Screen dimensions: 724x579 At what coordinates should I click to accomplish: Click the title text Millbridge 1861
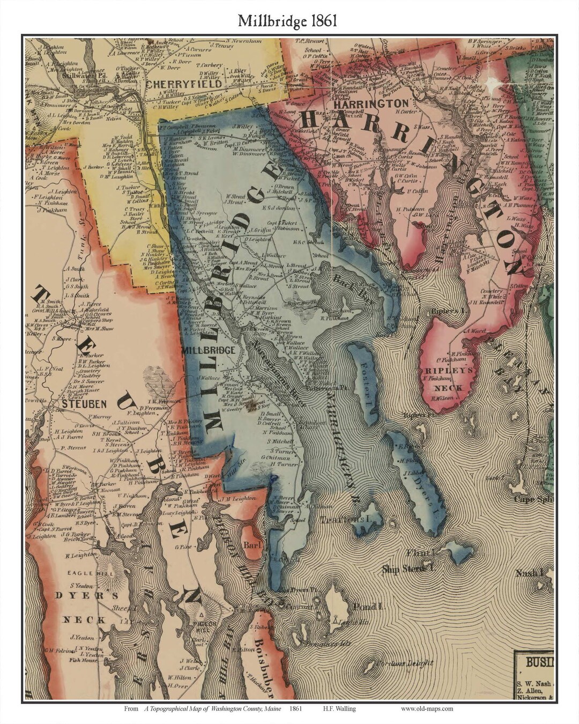(288, 21)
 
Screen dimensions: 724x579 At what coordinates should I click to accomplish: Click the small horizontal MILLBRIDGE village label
(209, 350)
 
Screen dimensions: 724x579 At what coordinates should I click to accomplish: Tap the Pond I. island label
(367, 607)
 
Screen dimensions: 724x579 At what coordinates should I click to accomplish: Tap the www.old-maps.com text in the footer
(427, 709)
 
